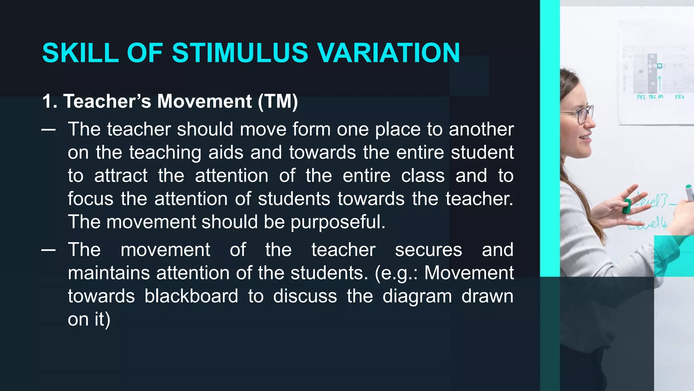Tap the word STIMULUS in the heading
240,53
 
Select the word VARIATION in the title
388,53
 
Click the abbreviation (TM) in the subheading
278,101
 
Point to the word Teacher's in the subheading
107,101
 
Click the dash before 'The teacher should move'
48,130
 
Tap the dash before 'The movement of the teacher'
48,250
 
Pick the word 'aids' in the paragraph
226,152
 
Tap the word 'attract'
121,175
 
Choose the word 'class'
423,175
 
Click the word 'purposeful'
338,222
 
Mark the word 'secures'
428,250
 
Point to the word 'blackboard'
191,296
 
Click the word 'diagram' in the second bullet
417,296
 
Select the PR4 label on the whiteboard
679,97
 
